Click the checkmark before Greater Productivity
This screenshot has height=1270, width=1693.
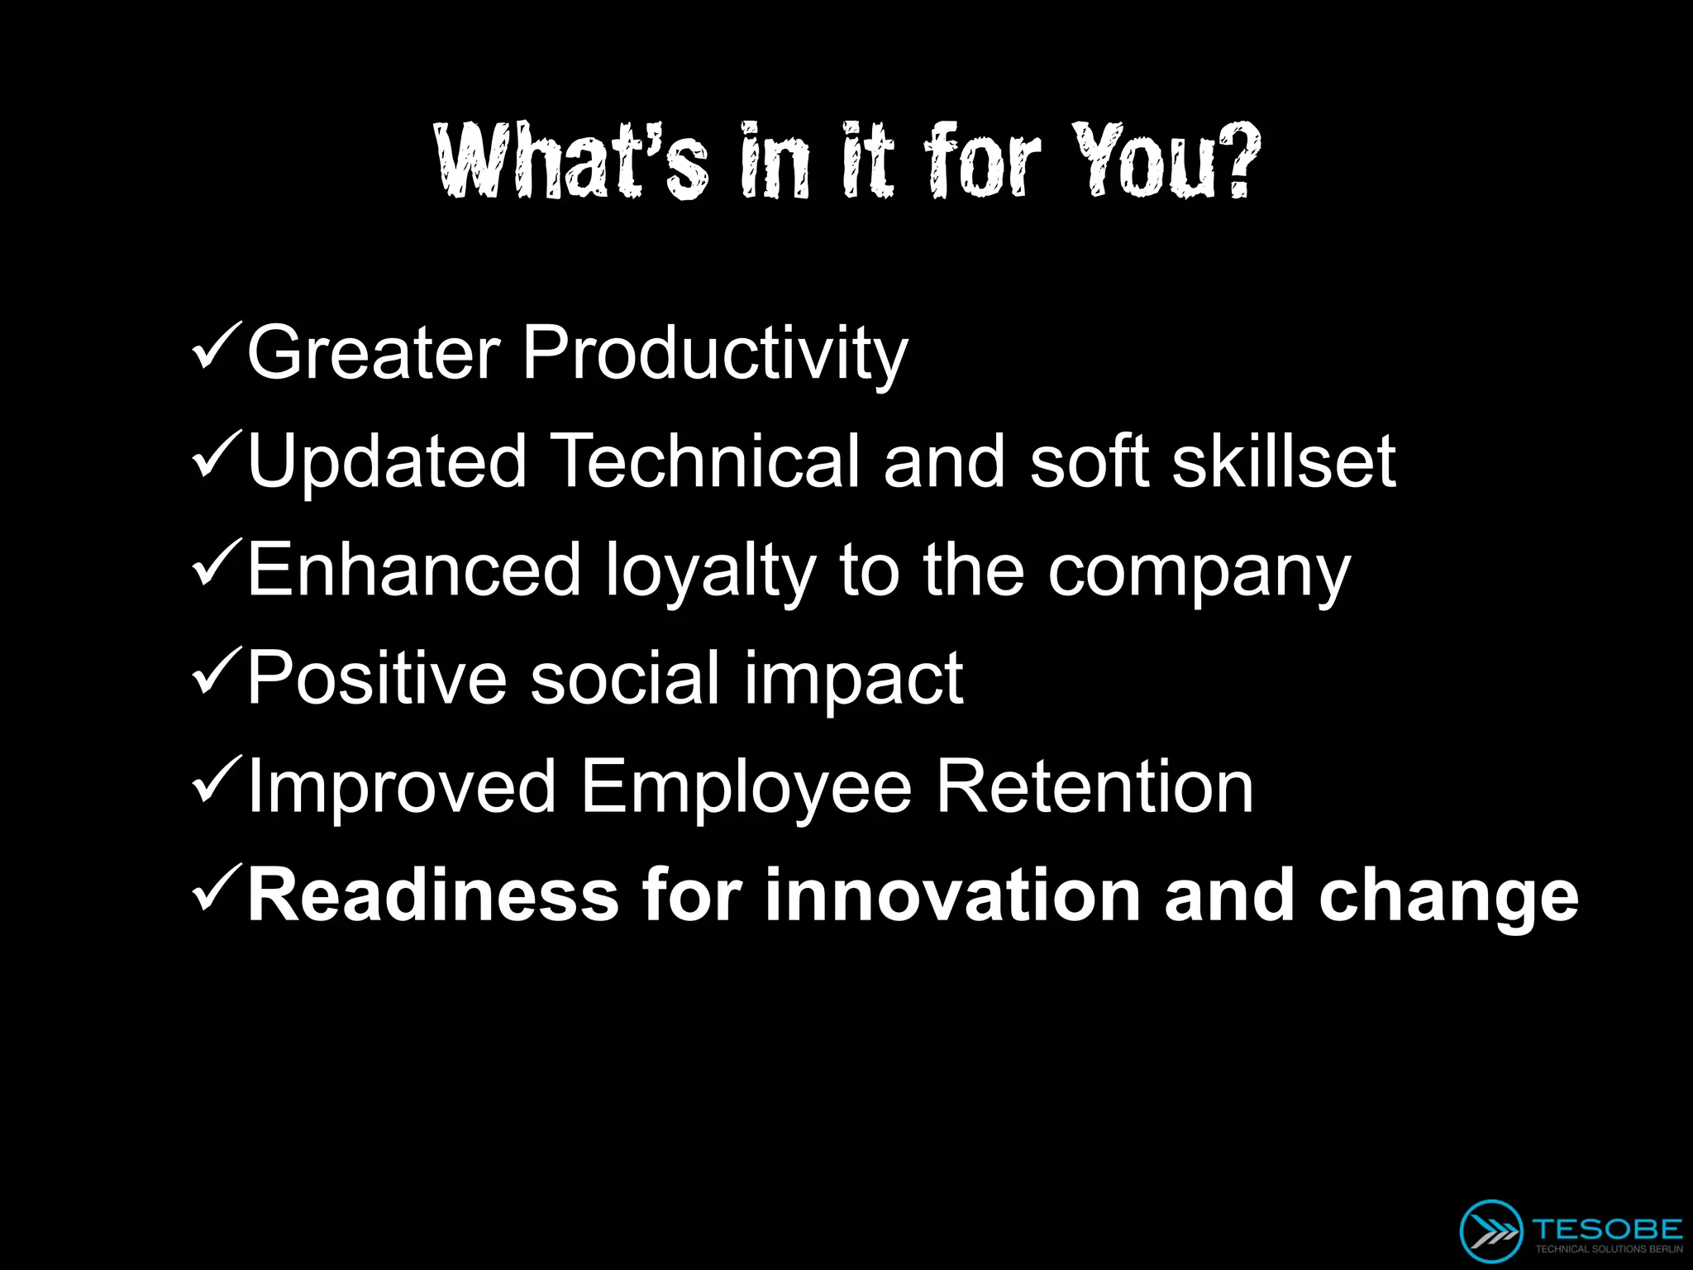click(x=217, y=346)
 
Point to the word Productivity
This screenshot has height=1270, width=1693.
click(x=715, y=354)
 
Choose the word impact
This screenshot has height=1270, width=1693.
click(x=853, y=680)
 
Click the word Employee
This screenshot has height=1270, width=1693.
click(x=746, y=788)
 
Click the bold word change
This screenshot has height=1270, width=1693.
click(x=1448, y=897)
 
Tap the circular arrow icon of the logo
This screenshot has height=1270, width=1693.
click(x=1490, y=1230)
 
